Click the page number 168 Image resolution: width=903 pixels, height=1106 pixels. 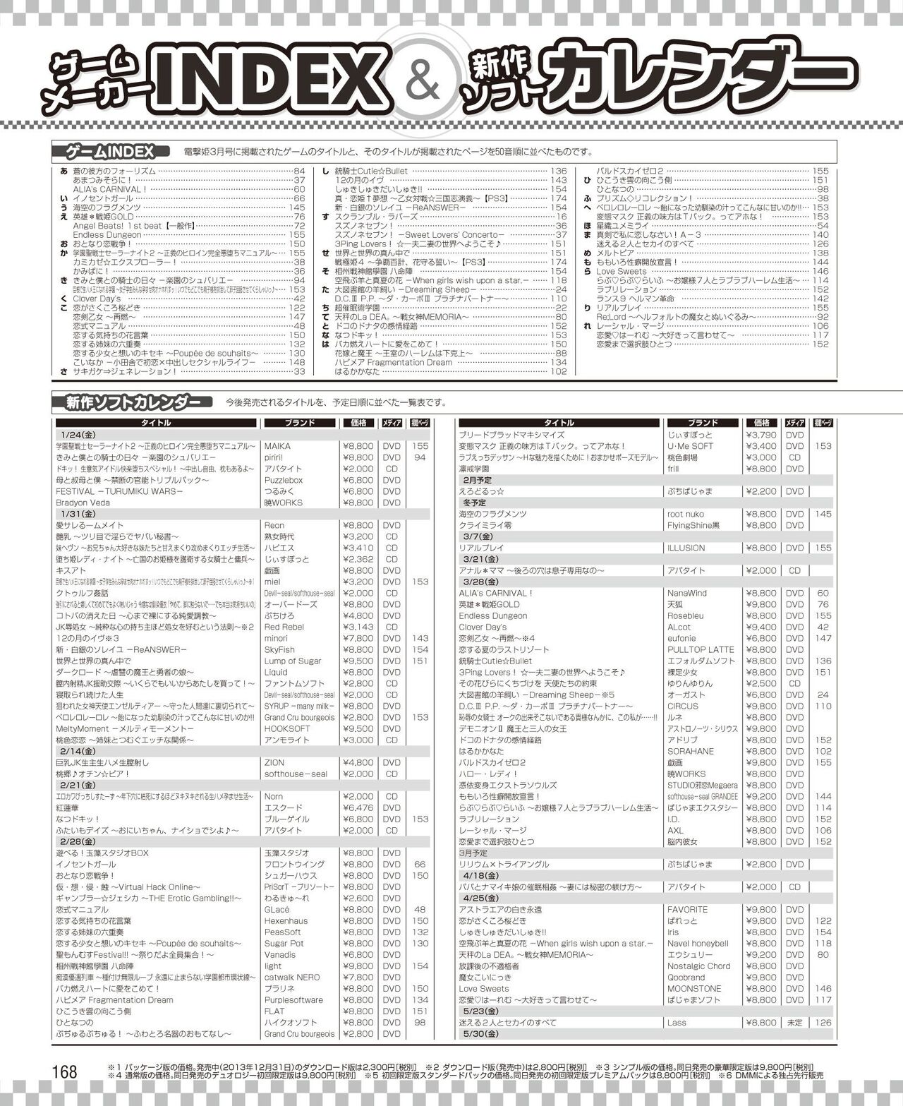(x=64, y=1071)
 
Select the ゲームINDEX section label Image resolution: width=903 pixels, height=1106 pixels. (x=110, y=152)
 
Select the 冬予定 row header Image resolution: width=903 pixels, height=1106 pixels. (x=472, y=503)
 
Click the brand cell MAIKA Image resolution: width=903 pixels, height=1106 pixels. (x=277, y=446)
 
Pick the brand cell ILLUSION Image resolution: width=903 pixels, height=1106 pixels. (x=686, y=548)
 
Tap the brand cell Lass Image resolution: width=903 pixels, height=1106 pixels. (x=677, y=1022)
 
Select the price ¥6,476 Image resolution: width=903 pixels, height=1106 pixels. (x=358, y=807)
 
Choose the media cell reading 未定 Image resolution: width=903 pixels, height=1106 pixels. (x=794, y=1022)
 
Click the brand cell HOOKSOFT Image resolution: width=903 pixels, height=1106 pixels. (x=287, y=728)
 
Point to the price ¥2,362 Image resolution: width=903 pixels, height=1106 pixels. (x=358, y=559)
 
